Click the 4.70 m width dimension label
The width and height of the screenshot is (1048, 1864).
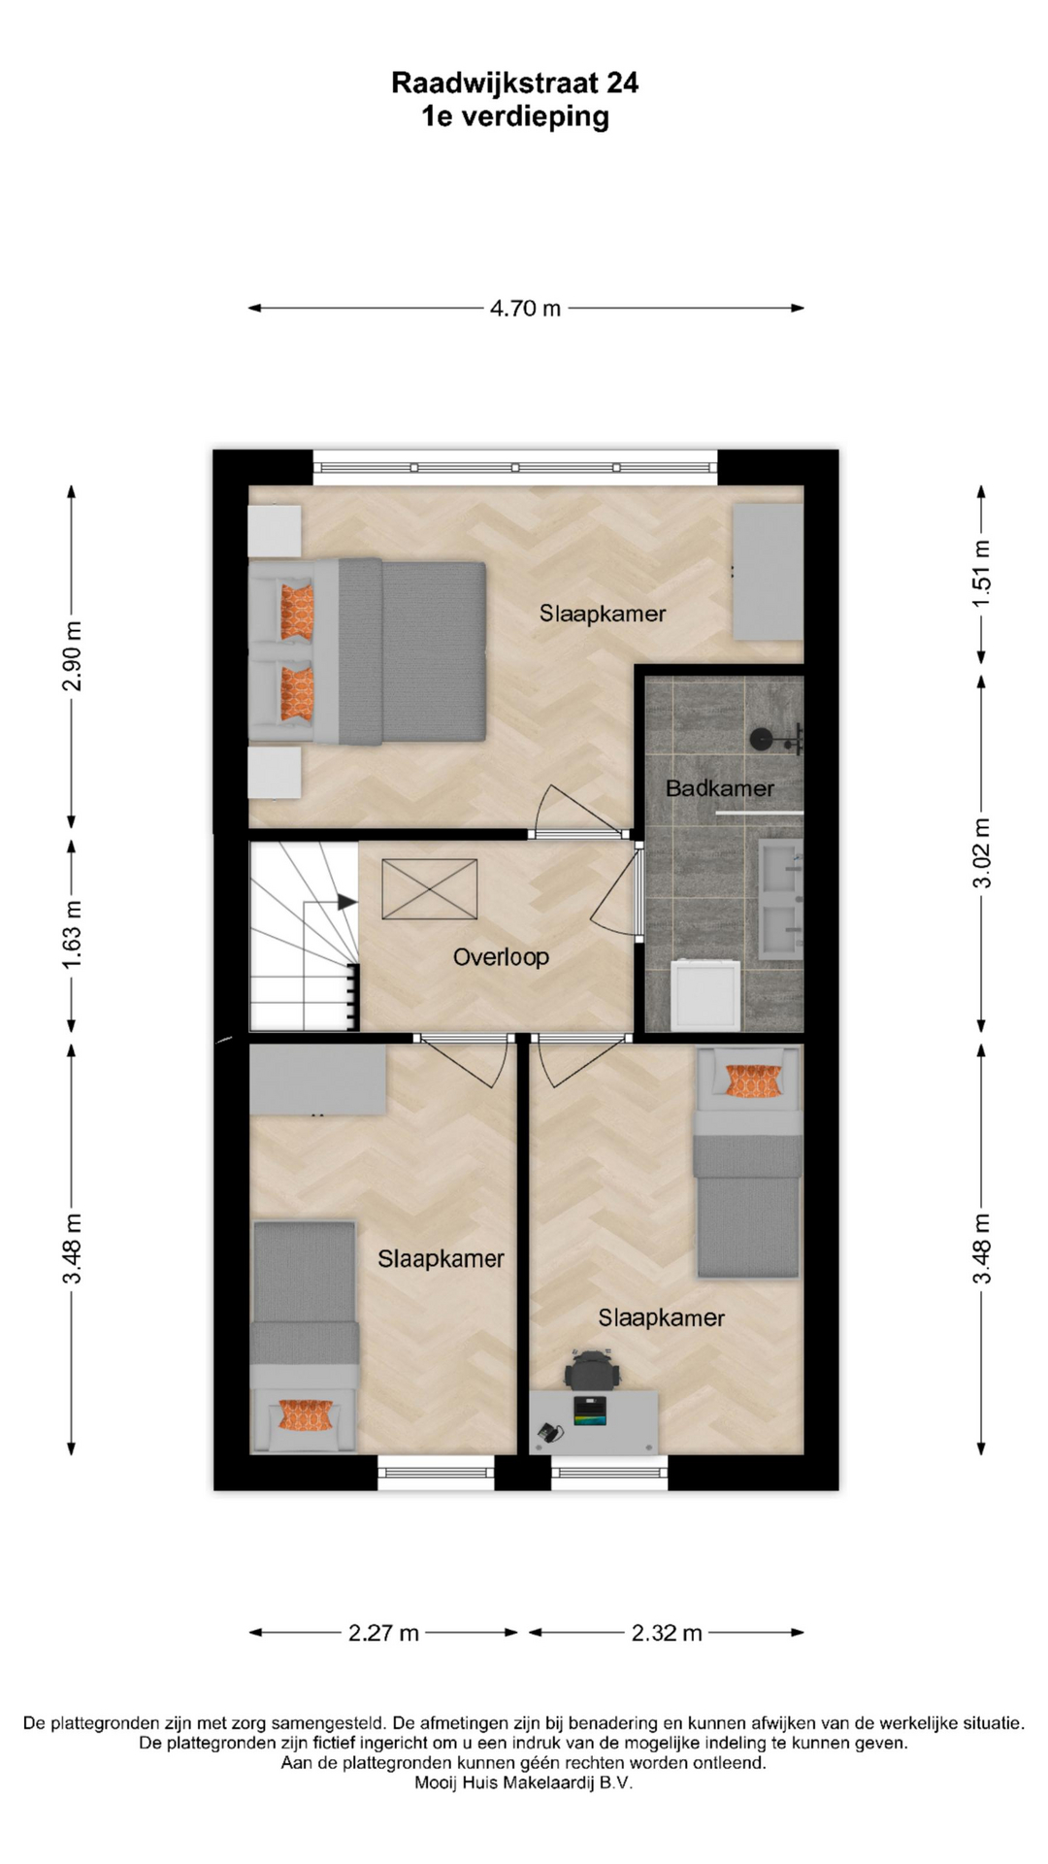525,308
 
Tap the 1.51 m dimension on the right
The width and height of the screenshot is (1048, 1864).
982,574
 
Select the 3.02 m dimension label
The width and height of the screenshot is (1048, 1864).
982,853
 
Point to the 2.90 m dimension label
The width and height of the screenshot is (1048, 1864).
72,656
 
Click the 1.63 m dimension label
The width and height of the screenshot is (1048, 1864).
72,935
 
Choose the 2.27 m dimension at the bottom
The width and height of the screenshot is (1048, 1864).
383,1633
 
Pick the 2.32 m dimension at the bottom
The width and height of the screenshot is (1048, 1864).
667,1633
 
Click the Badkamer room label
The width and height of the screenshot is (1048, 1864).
720,788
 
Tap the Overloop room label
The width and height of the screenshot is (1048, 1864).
501,957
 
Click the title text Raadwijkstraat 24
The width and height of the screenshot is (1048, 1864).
515,83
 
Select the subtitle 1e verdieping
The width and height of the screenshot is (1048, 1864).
515,116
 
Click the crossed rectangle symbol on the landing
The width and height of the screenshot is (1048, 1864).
430,888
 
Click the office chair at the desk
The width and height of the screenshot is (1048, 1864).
591,1370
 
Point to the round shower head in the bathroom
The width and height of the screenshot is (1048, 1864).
762,740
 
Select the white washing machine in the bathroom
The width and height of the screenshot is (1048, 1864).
705,995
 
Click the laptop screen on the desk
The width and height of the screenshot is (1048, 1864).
590,1410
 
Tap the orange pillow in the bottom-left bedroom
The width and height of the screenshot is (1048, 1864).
306,1415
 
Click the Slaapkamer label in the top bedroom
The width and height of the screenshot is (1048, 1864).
603,614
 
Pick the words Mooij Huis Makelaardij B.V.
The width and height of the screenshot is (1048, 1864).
523,1782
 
